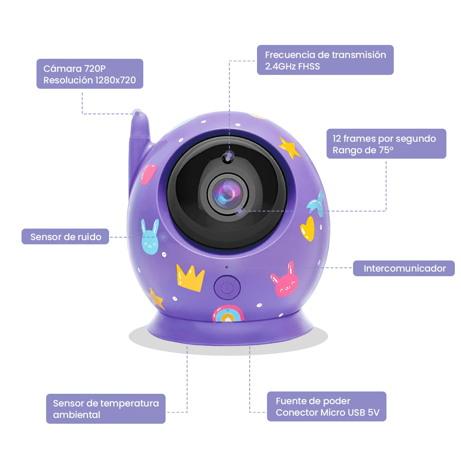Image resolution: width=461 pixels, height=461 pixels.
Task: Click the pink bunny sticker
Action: pos(285,280)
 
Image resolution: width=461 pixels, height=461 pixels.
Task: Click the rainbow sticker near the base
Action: pos(228,313)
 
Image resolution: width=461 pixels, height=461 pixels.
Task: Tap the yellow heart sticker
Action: pos(307,229)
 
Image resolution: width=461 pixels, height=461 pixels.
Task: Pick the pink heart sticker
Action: pos(149,174)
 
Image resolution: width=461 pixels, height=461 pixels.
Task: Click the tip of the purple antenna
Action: pos(137,111)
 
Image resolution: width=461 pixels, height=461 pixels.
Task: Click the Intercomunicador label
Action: pos(404,268)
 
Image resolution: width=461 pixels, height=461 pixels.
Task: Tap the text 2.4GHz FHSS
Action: pos(292,66)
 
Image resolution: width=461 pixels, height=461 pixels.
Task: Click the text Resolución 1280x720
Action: pos(90,80)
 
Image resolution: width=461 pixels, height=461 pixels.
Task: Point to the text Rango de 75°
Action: pos(363,150)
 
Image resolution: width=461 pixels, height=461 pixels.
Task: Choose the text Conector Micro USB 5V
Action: pos(327,412)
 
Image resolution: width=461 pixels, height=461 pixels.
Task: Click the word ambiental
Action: pos(76,415)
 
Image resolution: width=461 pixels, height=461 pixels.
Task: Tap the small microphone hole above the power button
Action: pos(227,267)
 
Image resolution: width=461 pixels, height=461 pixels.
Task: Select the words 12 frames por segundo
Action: pos(384,139)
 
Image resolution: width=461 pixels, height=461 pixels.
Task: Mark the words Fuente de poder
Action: pos(313,401)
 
